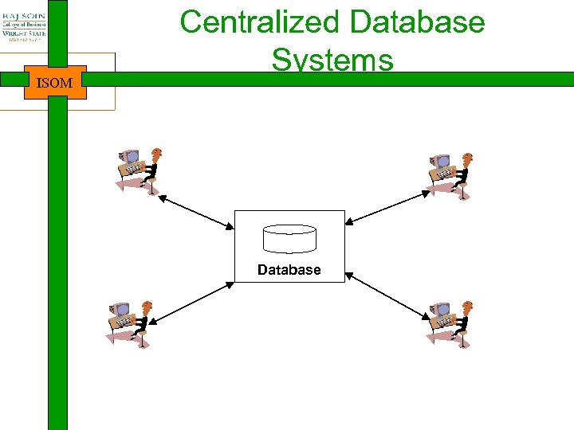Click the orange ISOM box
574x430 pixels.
tap(55, 82)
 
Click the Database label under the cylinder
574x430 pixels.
tap(289, 270)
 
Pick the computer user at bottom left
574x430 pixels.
tap(130, 323)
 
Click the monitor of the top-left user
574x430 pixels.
tap(129, 158)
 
